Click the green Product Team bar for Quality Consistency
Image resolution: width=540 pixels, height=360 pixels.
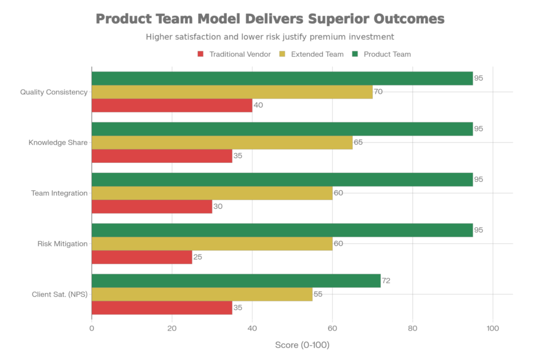click(x=282, y=78)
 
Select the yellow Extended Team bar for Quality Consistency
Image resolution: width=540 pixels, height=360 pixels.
click(x=232, y=92)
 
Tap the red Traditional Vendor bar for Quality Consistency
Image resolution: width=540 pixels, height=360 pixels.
click(x=172, y=106)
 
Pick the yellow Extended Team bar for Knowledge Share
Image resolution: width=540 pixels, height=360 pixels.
click(x=222, y=143)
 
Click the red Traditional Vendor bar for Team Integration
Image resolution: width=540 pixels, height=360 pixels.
click(x=152, y=207)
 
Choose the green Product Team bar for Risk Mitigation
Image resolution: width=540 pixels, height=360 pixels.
click(x=282, y=230)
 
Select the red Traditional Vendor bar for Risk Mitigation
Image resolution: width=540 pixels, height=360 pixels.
click(x=142, y=258)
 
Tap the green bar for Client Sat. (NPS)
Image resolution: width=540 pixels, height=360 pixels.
click(x=236, y=281)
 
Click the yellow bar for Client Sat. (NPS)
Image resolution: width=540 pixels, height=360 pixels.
click(x=202, y=295)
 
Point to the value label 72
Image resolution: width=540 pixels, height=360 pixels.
click(x=385, y=281)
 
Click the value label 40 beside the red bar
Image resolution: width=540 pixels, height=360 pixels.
click(x=258, y=105)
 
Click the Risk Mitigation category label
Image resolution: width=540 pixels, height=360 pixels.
click(x=62, y=244)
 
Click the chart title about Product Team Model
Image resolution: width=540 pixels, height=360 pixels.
click(x=270, y=20)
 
